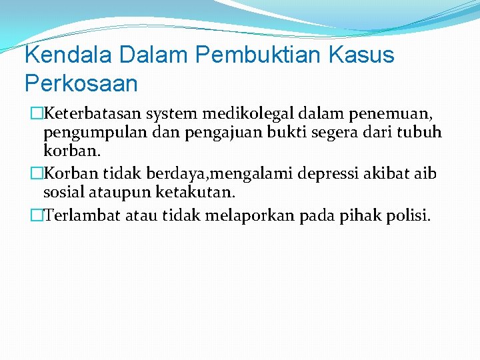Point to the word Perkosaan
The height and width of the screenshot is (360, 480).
(81, 83)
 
